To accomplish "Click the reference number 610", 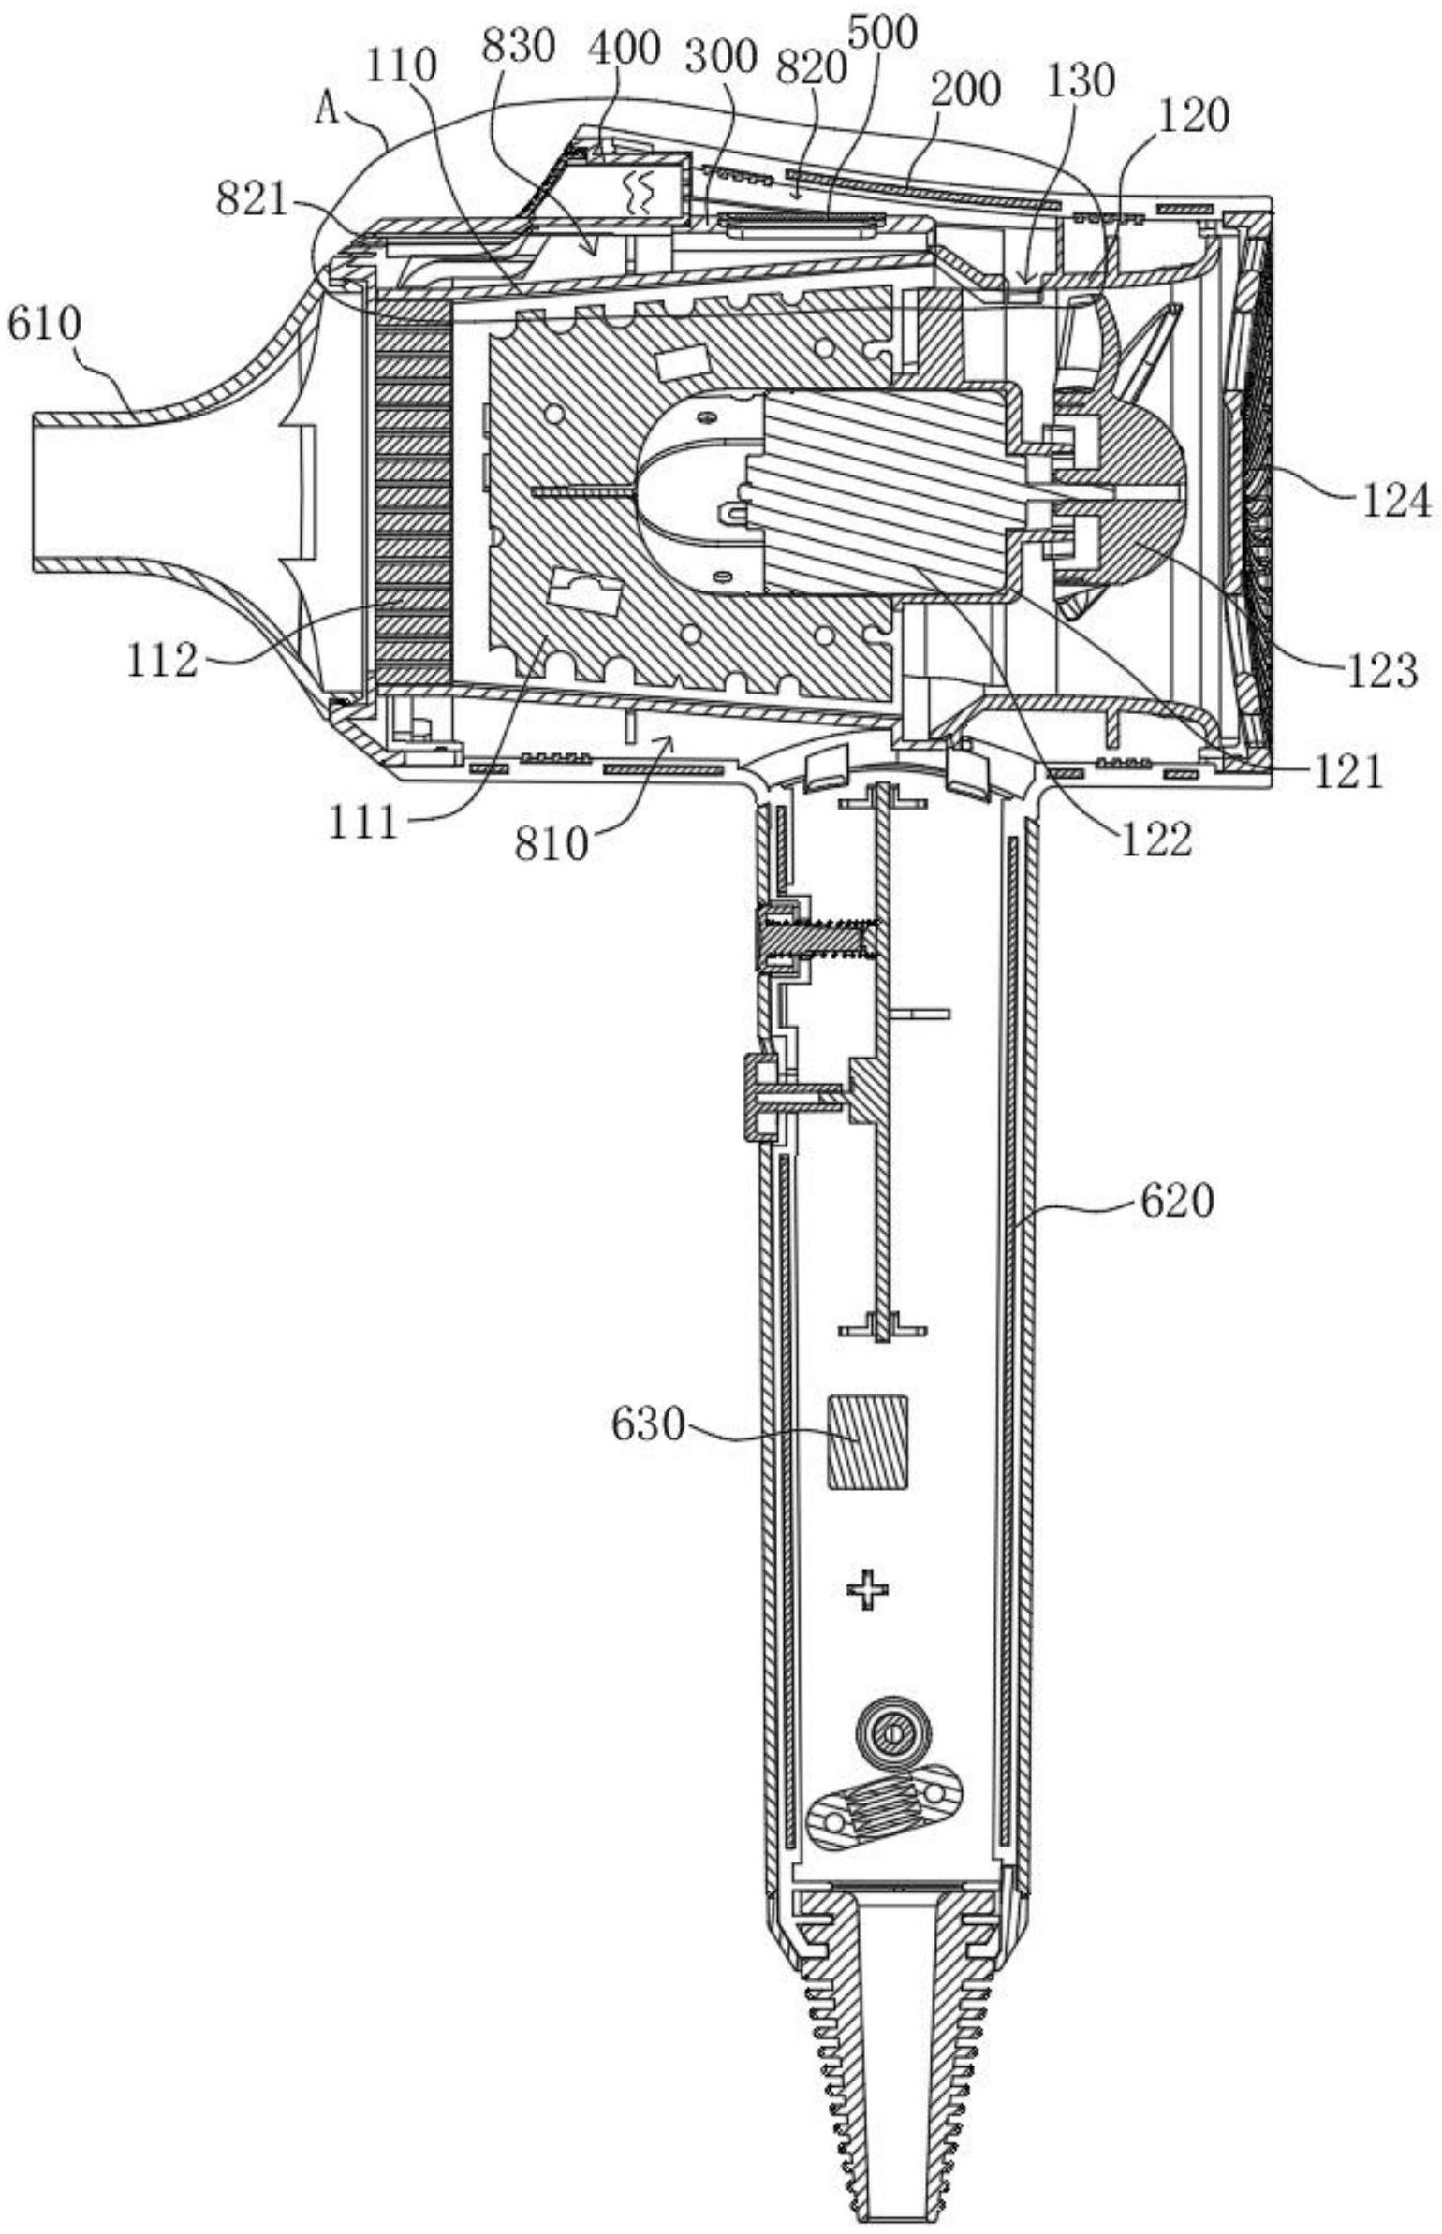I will [44, 326].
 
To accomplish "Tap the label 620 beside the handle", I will [1176, 1202].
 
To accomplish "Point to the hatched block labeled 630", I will [868, 1441].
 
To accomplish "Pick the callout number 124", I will [1396, 502].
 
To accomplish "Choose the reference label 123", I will [1382, 671].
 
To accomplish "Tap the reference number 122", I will [1155, 840].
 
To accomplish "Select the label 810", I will [552, 845].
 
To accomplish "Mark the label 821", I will [252, 199].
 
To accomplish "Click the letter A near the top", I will [327, 110].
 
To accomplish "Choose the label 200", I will [964, 91].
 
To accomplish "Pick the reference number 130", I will [1081, 82].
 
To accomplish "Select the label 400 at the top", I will [625, 49].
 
